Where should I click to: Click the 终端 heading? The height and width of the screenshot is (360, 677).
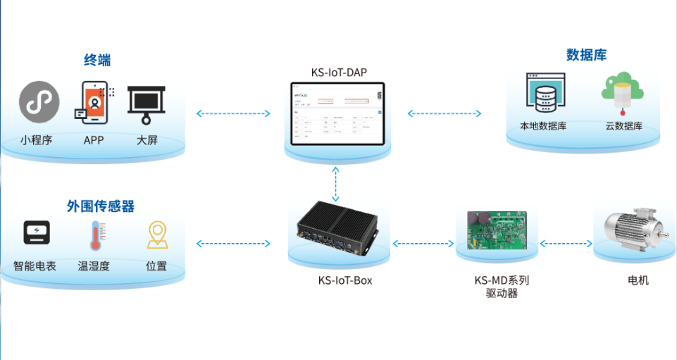coord(97,61)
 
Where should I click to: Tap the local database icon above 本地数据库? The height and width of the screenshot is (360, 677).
coord(545,93)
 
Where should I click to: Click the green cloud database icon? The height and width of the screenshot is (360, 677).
coord(622,91)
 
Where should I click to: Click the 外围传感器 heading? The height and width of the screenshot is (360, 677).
coord(100,206)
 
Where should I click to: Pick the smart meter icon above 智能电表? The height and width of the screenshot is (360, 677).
coord(37,233)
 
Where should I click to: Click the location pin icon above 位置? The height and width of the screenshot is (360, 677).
coord(156,236)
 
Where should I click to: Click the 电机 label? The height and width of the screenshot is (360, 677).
coord(638,280)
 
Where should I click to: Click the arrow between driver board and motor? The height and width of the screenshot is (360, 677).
coord(566,244)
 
